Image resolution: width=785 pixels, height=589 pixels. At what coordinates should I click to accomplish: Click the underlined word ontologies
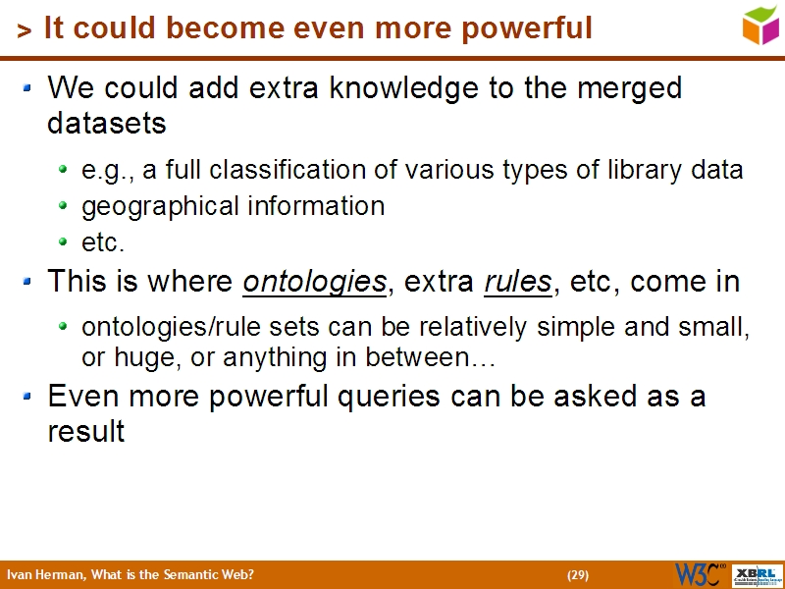[x=314, y=283]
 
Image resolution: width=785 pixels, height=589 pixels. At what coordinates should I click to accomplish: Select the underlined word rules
[x=517, y=283]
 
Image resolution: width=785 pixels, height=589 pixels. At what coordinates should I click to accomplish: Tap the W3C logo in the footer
[x=700, y=573]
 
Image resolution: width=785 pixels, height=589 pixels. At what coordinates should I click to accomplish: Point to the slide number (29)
[x=577, y=574]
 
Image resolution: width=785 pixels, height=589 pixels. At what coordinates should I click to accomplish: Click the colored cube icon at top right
[x=760, y=24]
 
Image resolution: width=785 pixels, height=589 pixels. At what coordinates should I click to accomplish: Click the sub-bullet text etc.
[x=103, y=241]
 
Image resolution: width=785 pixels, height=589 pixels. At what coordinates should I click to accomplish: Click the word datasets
[x=106, y=125]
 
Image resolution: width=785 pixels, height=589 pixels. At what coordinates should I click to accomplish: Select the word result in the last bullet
[x=85, y=432]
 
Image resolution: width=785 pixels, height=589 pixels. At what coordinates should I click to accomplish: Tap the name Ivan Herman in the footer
[x=45, y=574]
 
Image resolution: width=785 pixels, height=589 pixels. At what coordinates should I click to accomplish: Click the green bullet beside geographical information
[x=64, y=206]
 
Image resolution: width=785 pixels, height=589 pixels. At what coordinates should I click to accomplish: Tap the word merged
[x=619, y=88]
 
